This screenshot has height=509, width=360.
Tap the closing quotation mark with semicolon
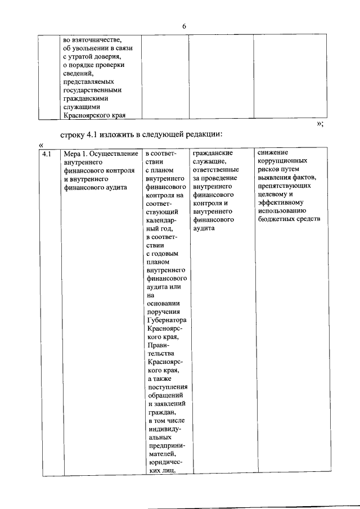[x=319, y=124]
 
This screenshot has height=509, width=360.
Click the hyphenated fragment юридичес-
[x=166, y=463]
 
